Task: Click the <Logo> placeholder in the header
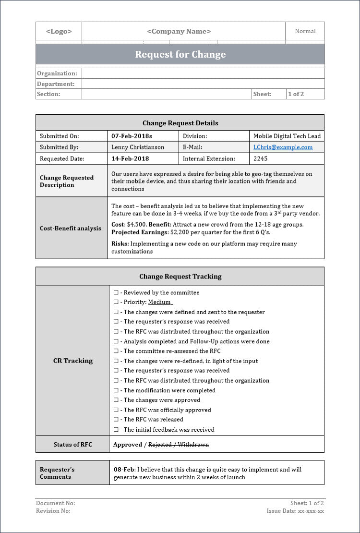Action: click(59, 31)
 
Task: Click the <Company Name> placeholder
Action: click(179, 31)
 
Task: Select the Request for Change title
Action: click(180, 54)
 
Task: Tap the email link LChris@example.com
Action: click(283, 147)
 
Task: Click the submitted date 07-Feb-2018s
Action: click(132, 136)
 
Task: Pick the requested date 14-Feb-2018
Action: click(130, 158)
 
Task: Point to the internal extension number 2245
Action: click(260, 158)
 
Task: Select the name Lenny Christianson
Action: click(138, 147)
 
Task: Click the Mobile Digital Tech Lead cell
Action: click(287, 136)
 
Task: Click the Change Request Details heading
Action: click(180, 123)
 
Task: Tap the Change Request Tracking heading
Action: click(180, 276)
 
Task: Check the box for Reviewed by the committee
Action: click(116, 292)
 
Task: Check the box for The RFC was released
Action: click(116, 420)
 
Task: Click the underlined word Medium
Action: click(159, 302)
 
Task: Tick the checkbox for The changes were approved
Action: click(116, 400)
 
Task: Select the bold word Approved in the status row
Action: click(127, 445)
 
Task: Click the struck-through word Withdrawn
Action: click(193, 445)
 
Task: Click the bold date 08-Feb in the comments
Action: click(124, 470)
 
